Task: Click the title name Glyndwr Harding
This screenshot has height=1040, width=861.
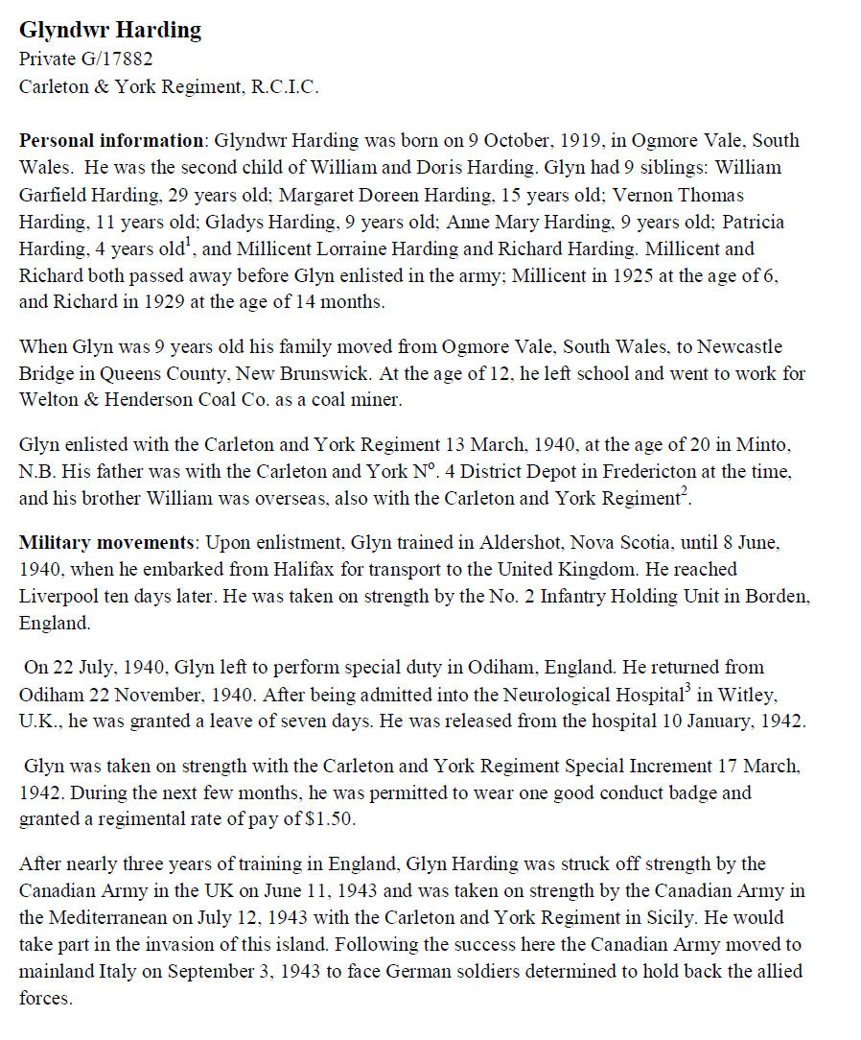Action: point(110,31)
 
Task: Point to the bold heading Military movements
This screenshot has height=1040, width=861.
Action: point(111,542)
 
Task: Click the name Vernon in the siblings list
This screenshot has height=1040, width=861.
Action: point(731,195)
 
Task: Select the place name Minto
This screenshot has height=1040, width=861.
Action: point(771,444)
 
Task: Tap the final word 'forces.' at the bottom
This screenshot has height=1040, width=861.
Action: point(45,999)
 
